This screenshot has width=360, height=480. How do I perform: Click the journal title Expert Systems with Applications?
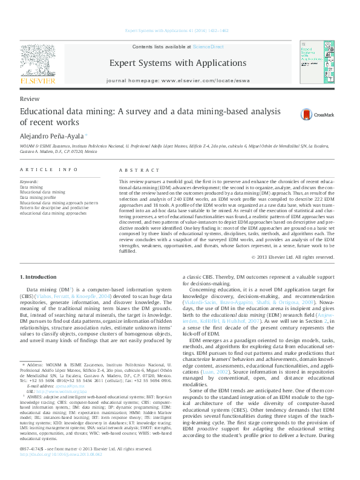[x=177, y=63]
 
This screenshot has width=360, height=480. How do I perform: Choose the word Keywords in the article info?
[x=30, y=182]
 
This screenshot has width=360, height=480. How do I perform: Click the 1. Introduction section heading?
[x=39, y=277]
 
